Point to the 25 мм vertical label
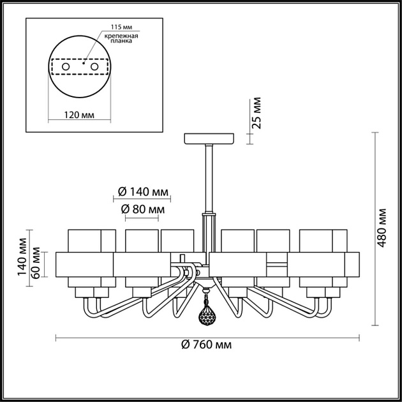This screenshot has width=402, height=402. [x=257, y=113]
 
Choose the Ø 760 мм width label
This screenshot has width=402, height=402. [x=206, y=345]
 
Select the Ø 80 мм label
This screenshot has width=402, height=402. [x=142, y=209]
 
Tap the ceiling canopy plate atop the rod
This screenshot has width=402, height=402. [x=208, y=138]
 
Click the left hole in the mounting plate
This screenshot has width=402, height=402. [x=65, y=66]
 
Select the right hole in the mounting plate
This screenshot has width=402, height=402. [x=94, y=66]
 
